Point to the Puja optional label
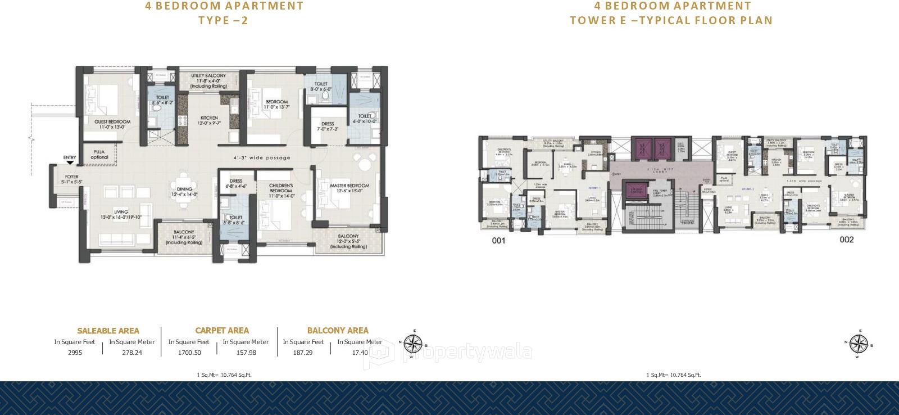[99, 154]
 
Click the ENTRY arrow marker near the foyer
[70, 162]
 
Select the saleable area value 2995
[75, 353]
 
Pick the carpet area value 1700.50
[189, 353]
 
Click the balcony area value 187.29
[303, 353]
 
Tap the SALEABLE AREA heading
[108, 331]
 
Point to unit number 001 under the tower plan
[498, 241]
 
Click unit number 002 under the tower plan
[846, 240]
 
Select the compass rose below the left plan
[414, 342]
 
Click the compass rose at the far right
[859, 343]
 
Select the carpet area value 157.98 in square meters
[245, 353]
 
